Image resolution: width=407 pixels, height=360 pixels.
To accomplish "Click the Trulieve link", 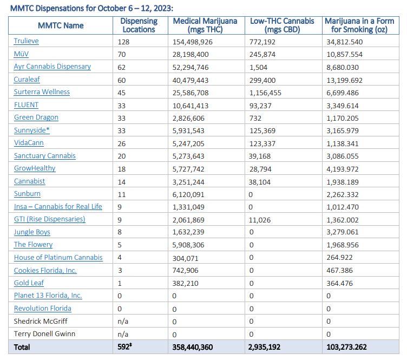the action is pyautogui.click(x=26, y=41).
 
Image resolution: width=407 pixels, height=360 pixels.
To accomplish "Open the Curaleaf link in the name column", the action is pyautogui.click(x=27, y=80).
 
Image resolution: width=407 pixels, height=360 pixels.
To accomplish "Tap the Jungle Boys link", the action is pyautogui.click(x=32, y=232).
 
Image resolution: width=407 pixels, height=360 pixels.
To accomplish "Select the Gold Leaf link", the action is pyautogui.click(x=29, y=283).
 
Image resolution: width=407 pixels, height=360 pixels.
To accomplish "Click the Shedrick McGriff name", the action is pyautogui.click(x=41, y=322).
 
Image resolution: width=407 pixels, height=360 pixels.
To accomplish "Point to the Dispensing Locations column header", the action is pyautogui.click(x=139, y=25).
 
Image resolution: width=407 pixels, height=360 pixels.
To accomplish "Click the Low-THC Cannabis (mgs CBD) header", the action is pyautogui.click(x=282, y=25).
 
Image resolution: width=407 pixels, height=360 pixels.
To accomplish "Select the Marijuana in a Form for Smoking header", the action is pyautogui.click(x=359, y=25).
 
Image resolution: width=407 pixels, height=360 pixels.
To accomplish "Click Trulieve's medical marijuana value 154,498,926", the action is pyautogui.click(x=193, y=42).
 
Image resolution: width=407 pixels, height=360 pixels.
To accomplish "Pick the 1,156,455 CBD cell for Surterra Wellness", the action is pyautogui.click(x=265, y=93).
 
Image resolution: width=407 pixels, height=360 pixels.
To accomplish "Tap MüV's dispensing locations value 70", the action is pyautogui.click(x=121, y=55).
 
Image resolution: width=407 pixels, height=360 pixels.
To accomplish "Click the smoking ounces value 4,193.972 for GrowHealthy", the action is pyautogui.click(x=343, y=169).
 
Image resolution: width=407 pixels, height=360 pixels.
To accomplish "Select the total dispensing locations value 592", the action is pyautogui.click(x=124, y=347).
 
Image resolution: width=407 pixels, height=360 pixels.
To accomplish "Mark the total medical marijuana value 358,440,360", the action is pyautogui.click(x=193, y=348).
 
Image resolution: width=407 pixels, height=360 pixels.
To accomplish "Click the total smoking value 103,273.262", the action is pyautogui.click(x=346, y=348).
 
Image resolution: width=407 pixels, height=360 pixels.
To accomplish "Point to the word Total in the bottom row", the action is pyautogui.click(x=22, y=348).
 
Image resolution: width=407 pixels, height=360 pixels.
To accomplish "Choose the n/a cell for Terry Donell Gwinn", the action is pyautogui.click(x=123, y=335).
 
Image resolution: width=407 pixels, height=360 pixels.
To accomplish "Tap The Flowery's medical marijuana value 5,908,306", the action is pyautogui.click(x=188, y=245).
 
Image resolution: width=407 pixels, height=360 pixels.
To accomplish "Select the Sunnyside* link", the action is pyautogui.click(x=32, y=130).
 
